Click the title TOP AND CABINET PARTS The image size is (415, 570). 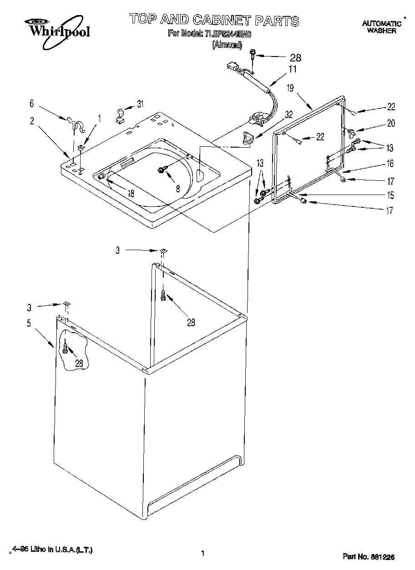pos(214,20)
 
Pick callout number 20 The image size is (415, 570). pos(391,123)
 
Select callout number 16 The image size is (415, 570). pos(390,164)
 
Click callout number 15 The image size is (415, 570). pos(390,196)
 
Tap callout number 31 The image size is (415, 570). pos(140,104)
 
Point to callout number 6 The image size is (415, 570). pos(31,104)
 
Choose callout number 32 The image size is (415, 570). pos(288,115)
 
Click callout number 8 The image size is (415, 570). pos(178,187)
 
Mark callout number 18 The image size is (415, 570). pos(131,193)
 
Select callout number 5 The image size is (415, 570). pos(29,324)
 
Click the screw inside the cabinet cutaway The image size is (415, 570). pos(66,349)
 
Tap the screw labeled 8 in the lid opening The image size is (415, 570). pos(162,170)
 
